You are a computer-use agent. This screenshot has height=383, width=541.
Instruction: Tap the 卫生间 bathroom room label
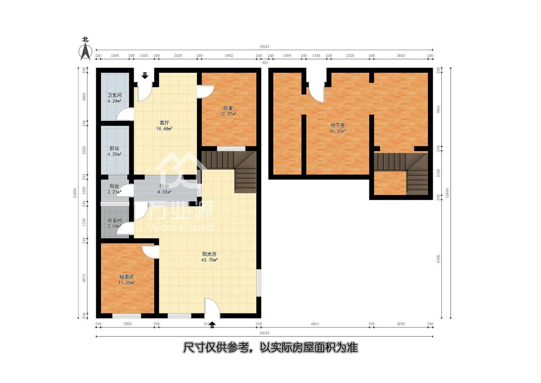point(114,95)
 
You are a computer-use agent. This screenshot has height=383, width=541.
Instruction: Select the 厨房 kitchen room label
point(114,148)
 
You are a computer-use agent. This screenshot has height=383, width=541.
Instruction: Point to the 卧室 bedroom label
point(228,108)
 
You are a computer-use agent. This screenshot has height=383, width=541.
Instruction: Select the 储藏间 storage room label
point(127,277)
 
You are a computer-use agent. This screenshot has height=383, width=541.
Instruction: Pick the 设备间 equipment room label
point(114,220)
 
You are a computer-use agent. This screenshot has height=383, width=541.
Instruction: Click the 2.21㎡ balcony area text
point(114,192)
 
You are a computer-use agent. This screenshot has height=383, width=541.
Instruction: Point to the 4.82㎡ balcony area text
point(164,192)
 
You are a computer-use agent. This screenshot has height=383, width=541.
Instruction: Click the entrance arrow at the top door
point(145,75)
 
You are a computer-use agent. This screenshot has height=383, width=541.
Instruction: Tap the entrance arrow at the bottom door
point(212,325)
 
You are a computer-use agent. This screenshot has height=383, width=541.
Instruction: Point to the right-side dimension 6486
point(438,259)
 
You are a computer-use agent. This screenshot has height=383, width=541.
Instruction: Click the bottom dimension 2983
point(127,324)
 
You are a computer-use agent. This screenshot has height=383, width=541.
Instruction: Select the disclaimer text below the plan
point(270,347)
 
